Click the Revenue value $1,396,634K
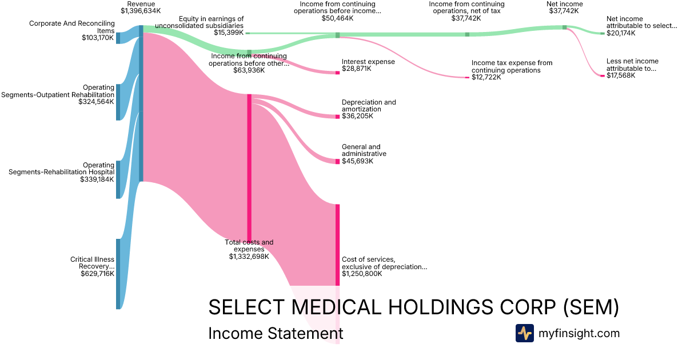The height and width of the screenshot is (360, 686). point(141,11)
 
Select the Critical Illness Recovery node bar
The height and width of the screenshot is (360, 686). point(118,274)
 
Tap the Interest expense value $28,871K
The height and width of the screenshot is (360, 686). point(357,69)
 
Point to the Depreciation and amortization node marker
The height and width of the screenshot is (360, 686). point(337,117)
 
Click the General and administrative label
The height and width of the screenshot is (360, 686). point(364,150)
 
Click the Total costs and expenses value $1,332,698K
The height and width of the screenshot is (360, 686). point(249,257)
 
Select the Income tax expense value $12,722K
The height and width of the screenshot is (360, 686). point(486,77)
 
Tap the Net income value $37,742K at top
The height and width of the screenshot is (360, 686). point(565,11)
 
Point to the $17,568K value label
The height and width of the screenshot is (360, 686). point(621,75)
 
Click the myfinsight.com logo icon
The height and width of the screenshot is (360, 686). point(524,333)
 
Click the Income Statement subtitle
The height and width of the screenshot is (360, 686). point(276,333)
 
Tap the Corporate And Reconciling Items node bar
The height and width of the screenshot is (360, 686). point(118,38)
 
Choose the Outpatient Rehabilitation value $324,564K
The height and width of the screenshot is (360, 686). point(97,102)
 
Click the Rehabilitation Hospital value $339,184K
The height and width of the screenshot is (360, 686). point(97,179)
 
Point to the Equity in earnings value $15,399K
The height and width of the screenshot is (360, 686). point(229,33)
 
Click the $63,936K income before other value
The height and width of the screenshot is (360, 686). point(249,70)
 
